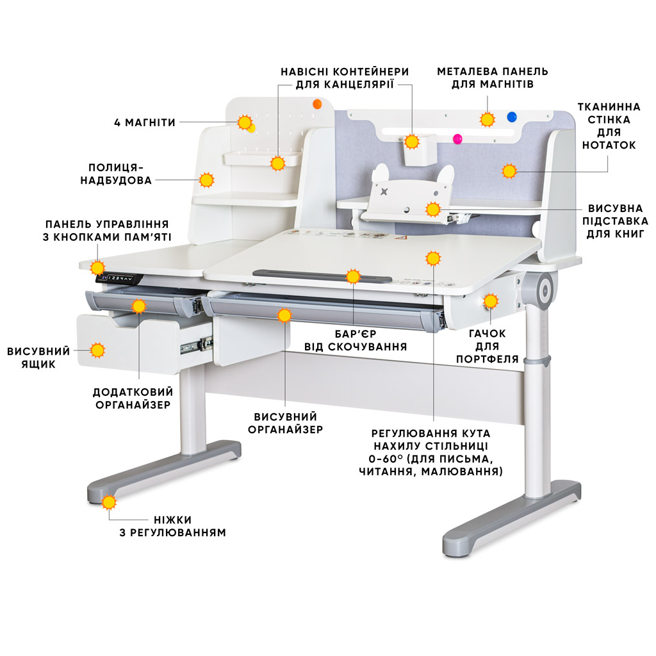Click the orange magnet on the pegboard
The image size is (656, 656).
point(316,104)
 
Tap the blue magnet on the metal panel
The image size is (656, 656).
point(511,117)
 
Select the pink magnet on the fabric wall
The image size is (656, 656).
point(457,139)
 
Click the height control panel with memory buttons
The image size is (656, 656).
point(117,279)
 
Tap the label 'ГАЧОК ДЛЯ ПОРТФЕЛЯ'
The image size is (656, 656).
point(488,346)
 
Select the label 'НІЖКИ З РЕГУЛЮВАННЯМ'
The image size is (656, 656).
point(172,526)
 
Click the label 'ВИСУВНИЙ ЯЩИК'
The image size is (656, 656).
point(38,357)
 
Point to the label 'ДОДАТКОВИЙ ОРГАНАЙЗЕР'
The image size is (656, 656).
point(133,398)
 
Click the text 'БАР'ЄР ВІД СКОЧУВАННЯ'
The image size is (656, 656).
point(356,340)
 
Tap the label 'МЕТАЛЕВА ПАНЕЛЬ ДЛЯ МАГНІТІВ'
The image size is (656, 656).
point(492,78)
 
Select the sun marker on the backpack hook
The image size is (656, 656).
point(491,301)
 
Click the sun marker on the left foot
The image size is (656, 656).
point(110,502)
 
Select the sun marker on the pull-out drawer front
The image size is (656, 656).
point(97,350)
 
